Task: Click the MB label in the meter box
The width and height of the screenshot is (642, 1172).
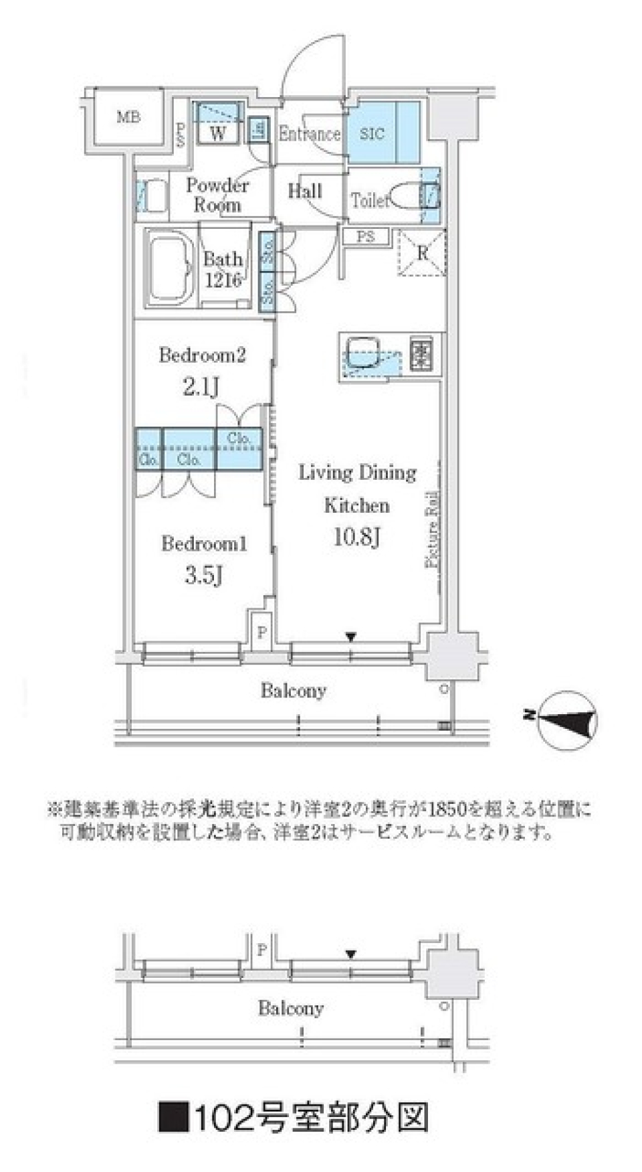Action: (128, 118)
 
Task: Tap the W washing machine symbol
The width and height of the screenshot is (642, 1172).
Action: (218, 133)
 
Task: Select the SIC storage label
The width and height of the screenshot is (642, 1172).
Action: (372, 133)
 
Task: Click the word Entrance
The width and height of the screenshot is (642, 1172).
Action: (309, 133)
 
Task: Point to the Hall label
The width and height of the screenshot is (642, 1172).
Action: (305, 191)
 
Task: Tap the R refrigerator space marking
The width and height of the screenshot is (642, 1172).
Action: (422, 252)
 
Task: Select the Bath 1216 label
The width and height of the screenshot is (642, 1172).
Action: (223, 269)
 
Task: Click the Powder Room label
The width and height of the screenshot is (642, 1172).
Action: (217, 195)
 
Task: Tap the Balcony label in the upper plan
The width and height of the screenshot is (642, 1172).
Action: (293, 690)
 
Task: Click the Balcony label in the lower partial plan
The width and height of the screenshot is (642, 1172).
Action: (291, 1007)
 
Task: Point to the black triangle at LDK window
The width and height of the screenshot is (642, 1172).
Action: (351, 637)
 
